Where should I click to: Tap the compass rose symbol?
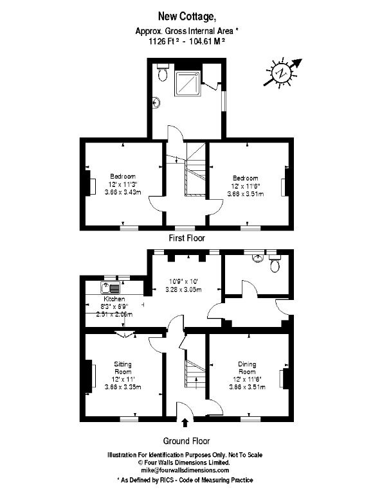click(281, 73)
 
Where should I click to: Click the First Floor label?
click(186, 238)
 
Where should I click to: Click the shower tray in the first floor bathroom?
click(192, 82)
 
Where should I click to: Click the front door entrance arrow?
click(185, 422)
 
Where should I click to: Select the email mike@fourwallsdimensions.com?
click(185, 470)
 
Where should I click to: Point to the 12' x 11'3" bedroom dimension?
click(123, 184)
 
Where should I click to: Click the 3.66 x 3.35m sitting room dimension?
click(123, 387)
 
